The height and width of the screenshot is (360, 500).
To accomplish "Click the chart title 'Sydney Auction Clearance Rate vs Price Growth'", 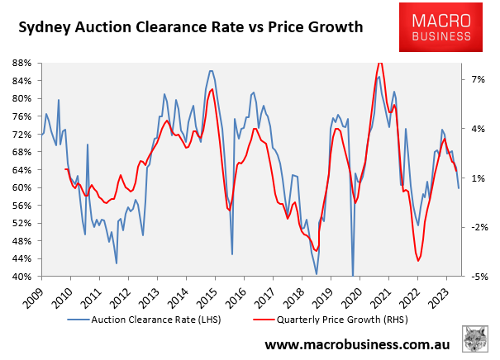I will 191,27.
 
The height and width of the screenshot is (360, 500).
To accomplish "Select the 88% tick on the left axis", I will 22,63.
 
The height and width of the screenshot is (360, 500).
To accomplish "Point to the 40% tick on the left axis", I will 22,277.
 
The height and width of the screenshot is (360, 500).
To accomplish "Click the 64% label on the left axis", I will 22,170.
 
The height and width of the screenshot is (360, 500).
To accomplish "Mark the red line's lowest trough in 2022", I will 419,260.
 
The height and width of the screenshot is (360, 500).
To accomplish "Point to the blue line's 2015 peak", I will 212,71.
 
